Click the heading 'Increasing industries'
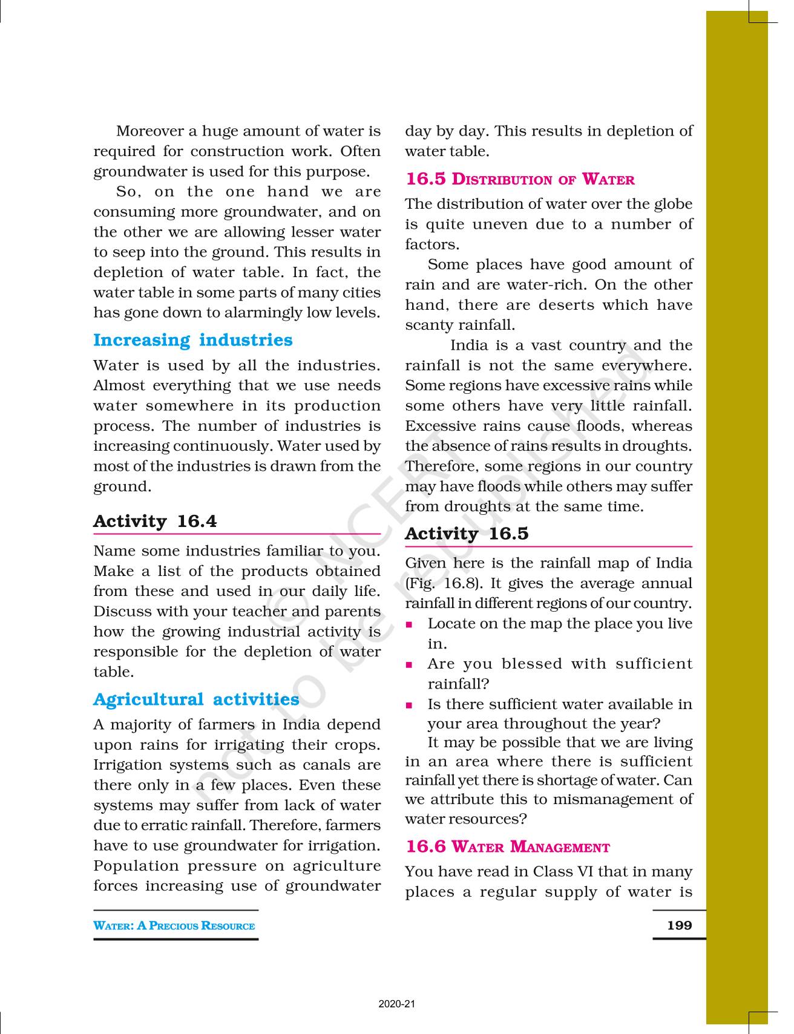(192, 340)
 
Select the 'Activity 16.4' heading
(155, 521)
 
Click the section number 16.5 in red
(425, 179)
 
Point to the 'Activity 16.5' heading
(467, 533)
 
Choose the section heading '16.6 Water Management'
(507, 846)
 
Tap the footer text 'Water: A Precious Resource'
(174, 925)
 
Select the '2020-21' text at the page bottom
(397, 1004)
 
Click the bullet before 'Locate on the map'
(410, 624)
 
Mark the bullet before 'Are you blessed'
(410, 664)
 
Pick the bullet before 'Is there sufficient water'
(410, 705)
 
